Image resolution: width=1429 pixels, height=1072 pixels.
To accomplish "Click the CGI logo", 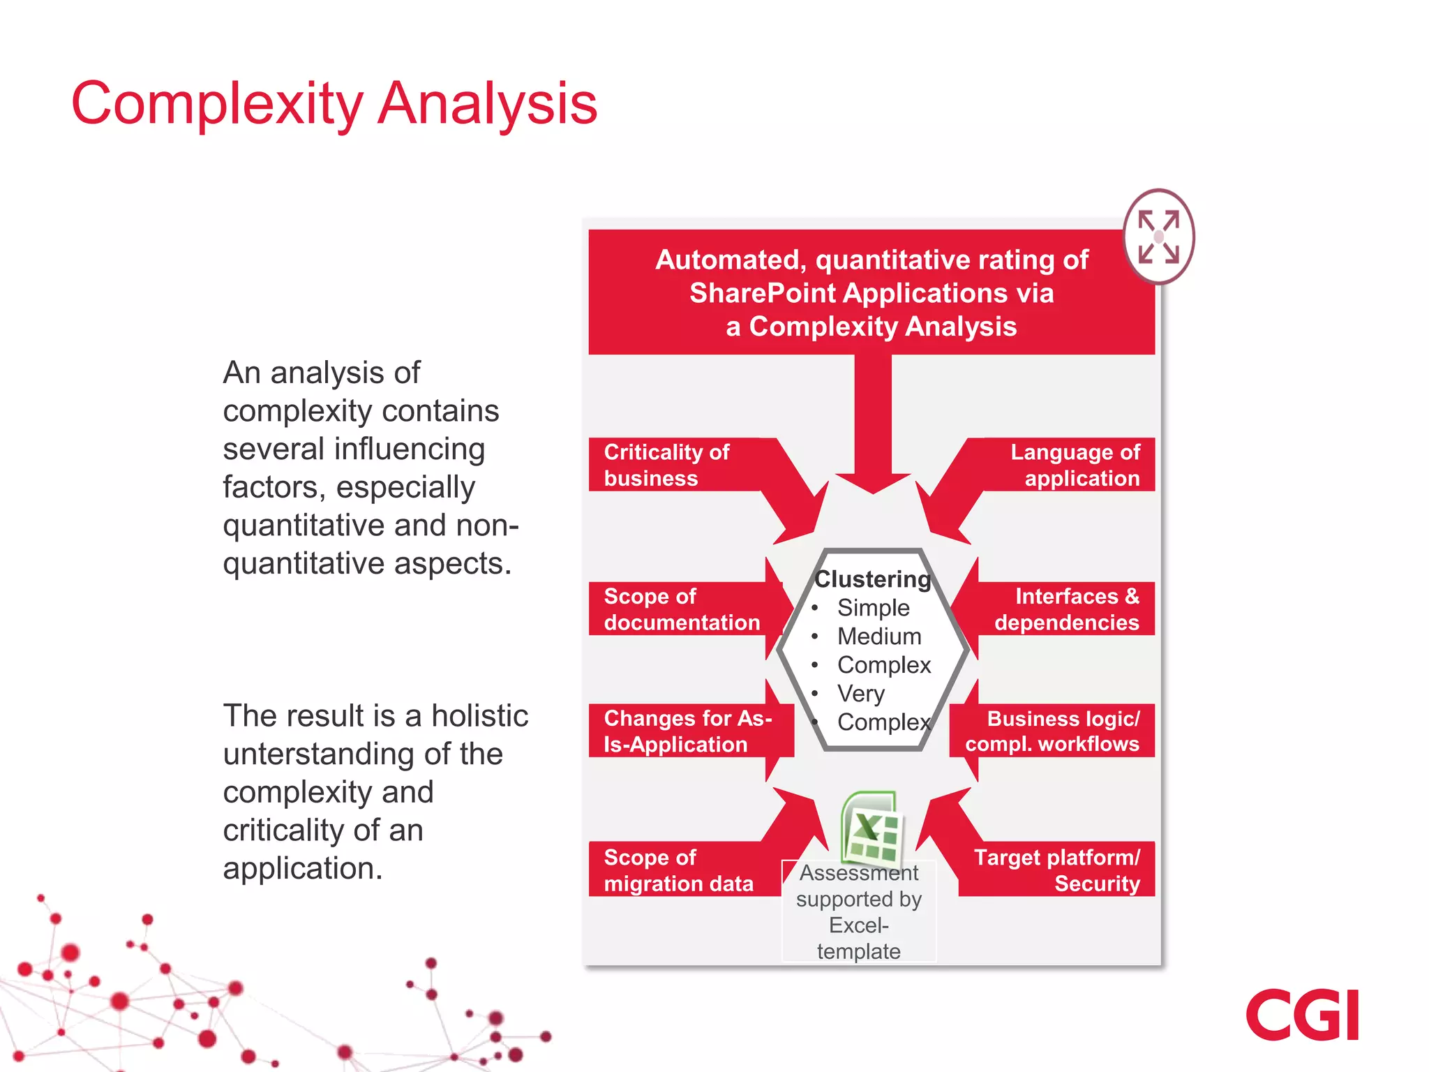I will click(x=1302, y=1015).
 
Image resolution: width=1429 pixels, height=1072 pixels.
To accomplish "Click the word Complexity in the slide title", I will click(x=217, y=104).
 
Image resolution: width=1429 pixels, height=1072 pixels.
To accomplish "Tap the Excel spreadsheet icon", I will click(x=870, y=828).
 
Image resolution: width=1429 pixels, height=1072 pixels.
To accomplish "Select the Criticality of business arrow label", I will click(x=667, y=465).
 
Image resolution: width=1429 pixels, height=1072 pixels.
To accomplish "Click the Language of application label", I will click(x=1075, y=465).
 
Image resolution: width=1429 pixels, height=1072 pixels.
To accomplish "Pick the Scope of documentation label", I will click(x=681, y=609).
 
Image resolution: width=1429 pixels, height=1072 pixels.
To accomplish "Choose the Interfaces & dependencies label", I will click(x=1068, y=609).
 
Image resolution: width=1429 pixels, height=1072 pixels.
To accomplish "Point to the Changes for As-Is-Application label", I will click(x=687, y=731).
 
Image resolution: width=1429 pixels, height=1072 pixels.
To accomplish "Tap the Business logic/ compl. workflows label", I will click(x=1053, y=731).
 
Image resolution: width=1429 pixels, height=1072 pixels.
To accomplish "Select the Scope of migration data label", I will click(x=678, y=870).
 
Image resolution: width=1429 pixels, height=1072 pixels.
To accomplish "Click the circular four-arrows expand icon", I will click(x=1158, y=237).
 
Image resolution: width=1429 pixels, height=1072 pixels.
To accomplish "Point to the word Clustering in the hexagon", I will click(x=872, y=579).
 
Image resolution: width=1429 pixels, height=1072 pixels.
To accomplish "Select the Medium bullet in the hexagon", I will click(x=879, y=636).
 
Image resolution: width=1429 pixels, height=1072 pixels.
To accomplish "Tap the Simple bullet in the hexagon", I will click(x=874, y=608).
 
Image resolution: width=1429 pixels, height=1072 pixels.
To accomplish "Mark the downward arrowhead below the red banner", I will click(x=873, y=482).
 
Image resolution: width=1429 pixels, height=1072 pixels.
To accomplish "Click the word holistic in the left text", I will click(x=479, y=716).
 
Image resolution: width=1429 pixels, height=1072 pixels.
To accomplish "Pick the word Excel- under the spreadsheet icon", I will click(x=859, y=925).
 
